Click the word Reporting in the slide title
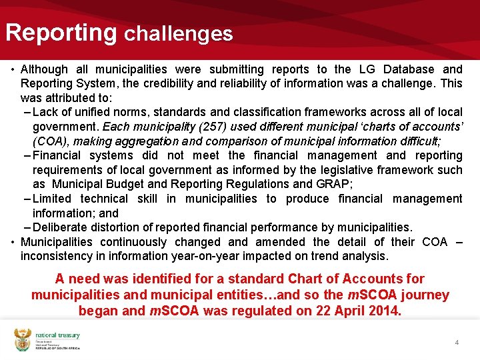pos(61,32)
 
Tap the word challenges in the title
pos(179,33)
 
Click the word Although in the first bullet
pos(44,69)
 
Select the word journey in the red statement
pos(425,295)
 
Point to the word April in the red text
pos(349,311)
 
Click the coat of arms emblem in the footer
pos(22,339)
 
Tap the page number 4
pos(457,342)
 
